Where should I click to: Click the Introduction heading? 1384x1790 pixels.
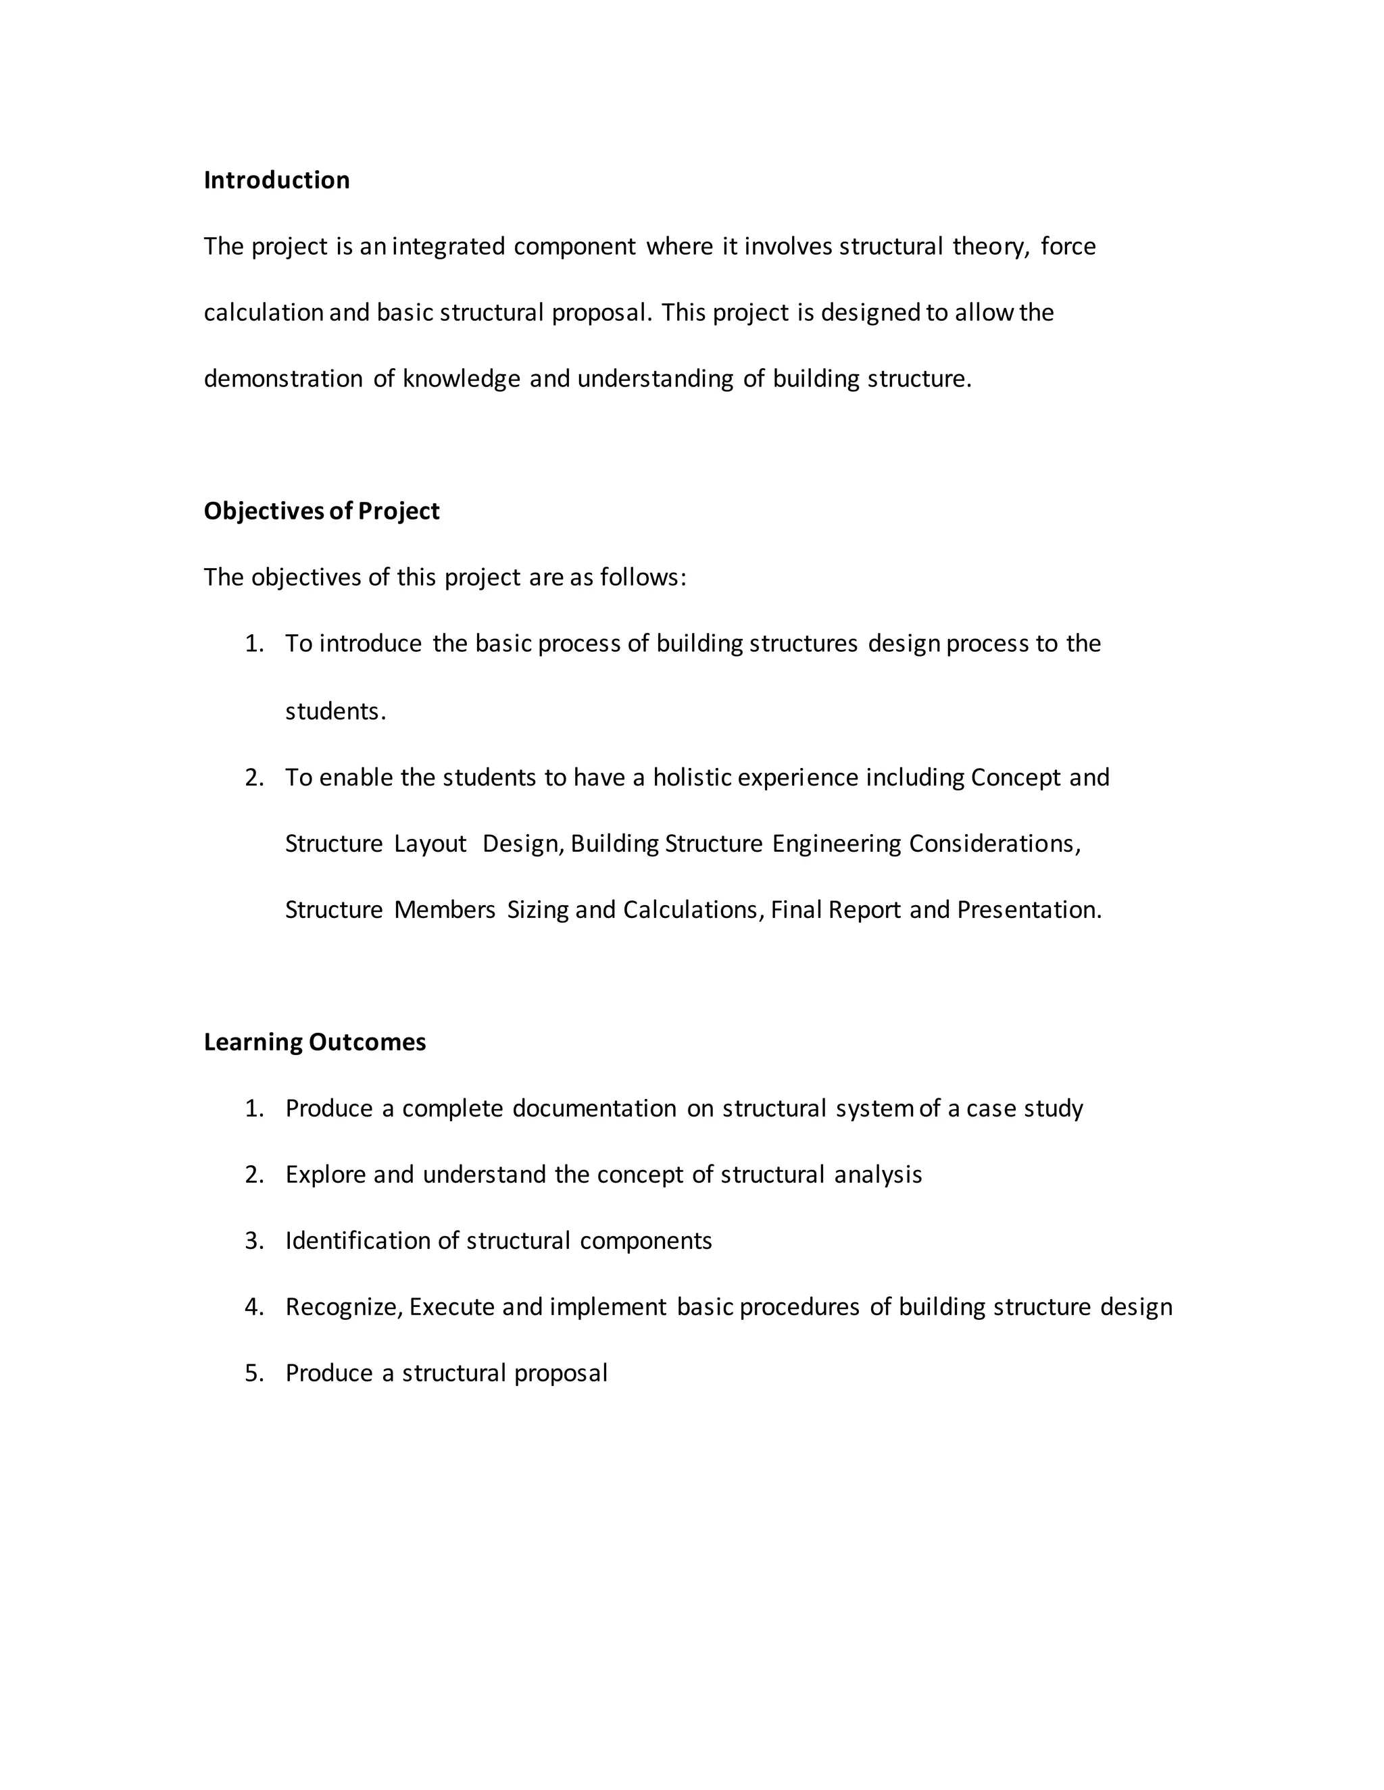coord(276,180)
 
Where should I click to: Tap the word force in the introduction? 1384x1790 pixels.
coord(1068,247)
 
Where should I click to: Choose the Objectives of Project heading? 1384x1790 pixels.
coord(322,511)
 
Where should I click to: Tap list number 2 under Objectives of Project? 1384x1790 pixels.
coord(253,777)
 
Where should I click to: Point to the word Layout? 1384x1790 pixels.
coord(430,844)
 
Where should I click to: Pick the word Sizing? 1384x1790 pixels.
coord(537,911)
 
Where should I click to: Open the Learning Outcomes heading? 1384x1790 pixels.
coord(315,1042)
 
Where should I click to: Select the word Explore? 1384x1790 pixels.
coord(324,1175)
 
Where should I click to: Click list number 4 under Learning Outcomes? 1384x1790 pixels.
coord(253,1307)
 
